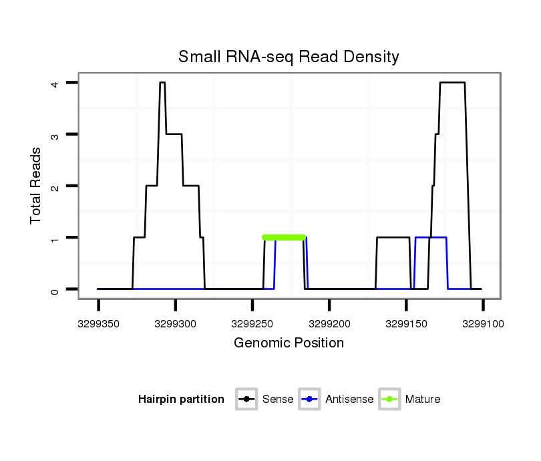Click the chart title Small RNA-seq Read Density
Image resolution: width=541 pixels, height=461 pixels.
[289, 57]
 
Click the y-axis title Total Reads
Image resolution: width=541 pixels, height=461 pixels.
[36, 186]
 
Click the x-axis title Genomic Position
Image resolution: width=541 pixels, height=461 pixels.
[289, 343]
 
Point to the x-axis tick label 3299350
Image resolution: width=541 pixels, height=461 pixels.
[98, 324]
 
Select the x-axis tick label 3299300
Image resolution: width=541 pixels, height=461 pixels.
[175, 324]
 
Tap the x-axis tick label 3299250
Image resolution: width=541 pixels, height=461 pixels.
[252, 324]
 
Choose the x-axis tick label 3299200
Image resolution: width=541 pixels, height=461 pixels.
[329, 324]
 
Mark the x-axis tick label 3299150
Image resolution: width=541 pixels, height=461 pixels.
[406, 324]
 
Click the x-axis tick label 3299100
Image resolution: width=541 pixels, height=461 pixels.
[483, 324]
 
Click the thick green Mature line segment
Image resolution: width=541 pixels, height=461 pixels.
[284, 237]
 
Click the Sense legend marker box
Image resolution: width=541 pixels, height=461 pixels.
[246, 400]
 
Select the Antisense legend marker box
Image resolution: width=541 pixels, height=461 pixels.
[310, 400]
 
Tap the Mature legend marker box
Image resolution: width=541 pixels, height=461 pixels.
[389, 400]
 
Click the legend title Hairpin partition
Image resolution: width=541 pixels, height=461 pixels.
[181, 400]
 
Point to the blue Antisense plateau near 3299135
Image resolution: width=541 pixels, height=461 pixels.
[431, 237]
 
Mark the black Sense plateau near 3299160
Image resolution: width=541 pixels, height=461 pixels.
[393, 237]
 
